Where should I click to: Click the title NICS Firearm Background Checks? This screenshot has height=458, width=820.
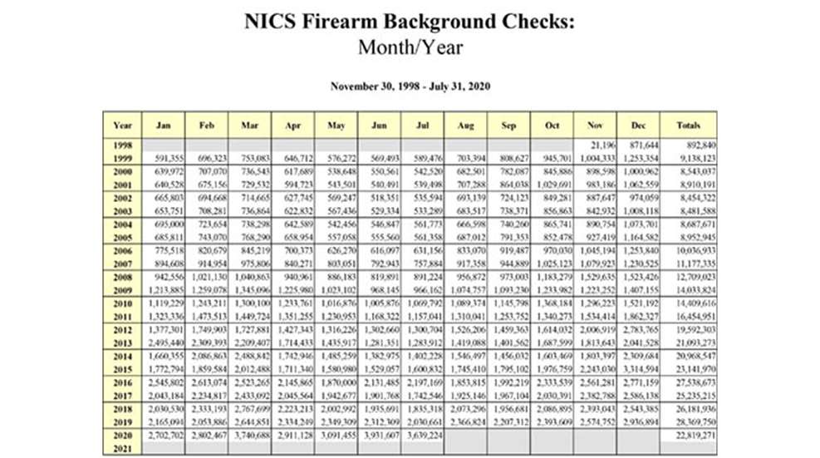(x=410, y=21)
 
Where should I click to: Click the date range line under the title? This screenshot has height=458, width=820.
(x=410, y=86)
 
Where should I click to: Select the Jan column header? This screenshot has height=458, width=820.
(x=164, y=126)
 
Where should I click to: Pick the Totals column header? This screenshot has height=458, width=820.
(x=688, y=126)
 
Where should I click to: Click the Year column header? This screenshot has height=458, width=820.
(x=122, y=126)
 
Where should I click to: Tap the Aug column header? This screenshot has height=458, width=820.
(x=464, y=126)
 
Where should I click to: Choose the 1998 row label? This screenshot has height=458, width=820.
(x=122, y=145)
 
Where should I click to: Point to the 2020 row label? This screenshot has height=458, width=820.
(x=122, y=434)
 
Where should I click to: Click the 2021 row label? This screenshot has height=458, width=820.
(x=122, y=447)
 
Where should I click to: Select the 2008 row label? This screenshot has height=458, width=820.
(x=122, y=277)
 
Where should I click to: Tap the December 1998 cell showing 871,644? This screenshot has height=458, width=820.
(x=640, y=145)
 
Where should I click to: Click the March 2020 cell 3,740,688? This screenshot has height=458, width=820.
(x=251, y=434)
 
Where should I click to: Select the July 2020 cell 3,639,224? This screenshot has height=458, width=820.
(x=424, y=434)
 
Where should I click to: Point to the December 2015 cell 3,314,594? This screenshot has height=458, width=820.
(x=640, y=368)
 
